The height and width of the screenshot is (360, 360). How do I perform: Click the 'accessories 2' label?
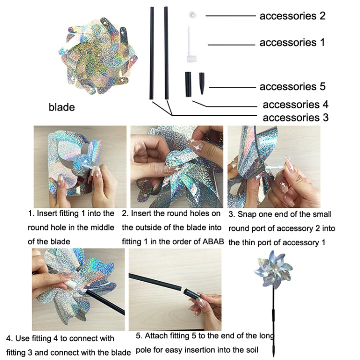pyautogui.click(x=292, y=16)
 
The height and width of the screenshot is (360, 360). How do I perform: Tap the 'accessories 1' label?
pyautogui.click(x=292, y=42)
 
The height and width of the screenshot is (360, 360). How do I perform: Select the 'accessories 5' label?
pyautogui.click(x=292, y=86)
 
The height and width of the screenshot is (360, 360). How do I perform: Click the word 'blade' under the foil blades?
pyautogui.click(x=62, y=107)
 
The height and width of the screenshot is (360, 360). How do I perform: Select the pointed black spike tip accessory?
pyautogui.click(x=201, y=83)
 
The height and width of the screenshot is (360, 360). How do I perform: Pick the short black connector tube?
pyautogui.click(x=188, y=83)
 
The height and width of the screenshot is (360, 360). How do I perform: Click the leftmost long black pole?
pyautogui.click(x=153, y=53)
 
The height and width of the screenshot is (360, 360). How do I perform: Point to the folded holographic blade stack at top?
pyautogui.click(x=98, y=53)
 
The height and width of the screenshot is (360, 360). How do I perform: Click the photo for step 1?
pyautogui.click(x=80, y=166)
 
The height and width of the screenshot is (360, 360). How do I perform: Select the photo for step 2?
pyautogui.click(x=176, y=166)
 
